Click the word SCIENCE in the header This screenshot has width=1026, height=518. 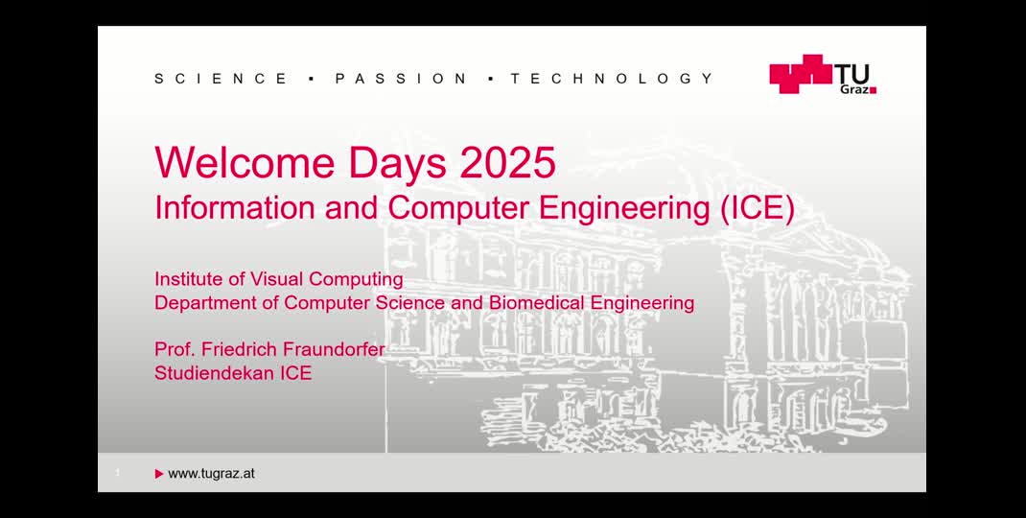pos(222,79)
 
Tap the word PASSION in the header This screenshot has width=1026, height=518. pos(402,79)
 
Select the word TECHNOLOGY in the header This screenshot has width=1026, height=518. pos(612,79)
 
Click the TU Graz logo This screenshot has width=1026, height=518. pos(823,74)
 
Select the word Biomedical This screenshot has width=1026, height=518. pos(537,303)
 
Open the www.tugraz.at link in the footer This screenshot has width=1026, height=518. pos(211,473)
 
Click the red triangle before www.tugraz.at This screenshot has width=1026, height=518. pos(159,473)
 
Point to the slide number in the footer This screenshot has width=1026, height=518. pos(117,473)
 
